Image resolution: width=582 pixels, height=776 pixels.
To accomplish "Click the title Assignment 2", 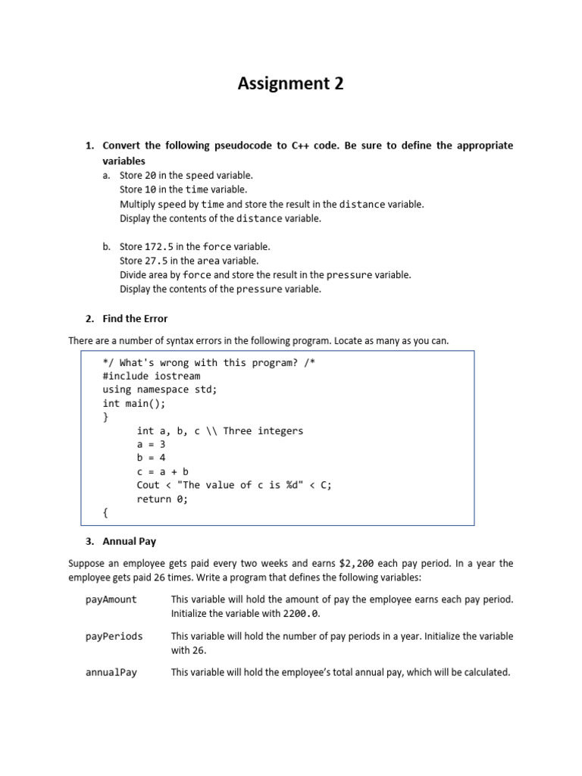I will tap(290, 84).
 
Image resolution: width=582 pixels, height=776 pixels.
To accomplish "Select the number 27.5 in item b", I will tap(158, 261).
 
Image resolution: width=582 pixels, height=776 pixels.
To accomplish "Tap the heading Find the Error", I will tap(135, 318).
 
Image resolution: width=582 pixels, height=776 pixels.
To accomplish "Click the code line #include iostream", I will tap(151, 376).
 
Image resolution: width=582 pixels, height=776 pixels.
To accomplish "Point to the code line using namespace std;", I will tap(159, 390).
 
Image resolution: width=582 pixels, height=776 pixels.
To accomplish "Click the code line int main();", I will tap(133, 403).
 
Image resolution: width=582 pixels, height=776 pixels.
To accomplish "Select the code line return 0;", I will tap(162, 499).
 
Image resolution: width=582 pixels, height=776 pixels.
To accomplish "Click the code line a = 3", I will tap(151, 444).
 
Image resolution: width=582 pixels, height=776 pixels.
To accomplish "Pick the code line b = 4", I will tap(151, 458).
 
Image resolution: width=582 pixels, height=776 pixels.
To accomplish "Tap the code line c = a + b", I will tap(162, 471).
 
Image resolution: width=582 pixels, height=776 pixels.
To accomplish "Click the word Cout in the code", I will tap(149, 485).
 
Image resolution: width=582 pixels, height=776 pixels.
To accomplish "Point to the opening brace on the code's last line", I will tap(105, 512).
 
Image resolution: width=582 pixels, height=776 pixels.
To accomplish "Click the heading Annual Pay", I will tap(129, 542).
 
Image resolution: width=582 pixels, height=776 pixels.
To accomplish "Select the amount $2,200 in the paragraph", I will tap(356, 564).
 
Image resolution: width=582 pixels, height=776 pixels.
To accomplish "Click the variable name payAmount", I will tap(111, 599).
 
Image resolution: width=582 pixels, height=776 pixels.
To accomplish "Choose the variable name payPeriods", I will tap(114, 636).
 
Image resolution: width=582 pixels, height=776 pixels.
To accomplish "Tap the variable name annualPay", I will tap(111, 672).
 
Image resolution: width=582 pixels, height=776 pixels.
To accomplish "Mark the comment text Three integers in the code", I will tap(263, 430).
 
